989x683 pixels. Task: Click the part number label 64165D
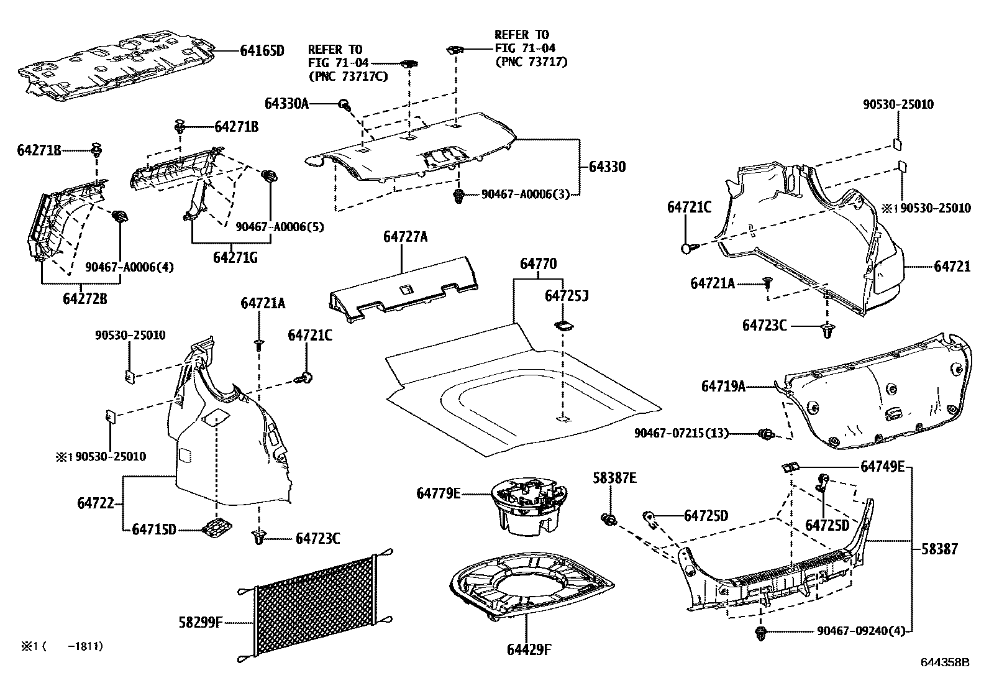click(262, 51)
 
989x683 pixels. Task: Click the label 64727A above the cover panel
click(405, 237)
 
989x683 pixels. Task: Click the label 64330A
click(286, 104)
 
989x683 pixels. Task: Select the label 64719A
click(723, 387)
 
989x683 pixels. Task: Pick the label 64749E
click(883, 467)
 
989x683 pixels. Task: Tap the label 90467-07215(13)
click(681, 433)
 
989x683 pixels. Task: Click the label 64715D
click(154, 529)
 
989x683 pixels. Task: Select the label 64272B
click(85, 299)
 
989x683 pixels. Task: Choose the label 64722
click(96, 503)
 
